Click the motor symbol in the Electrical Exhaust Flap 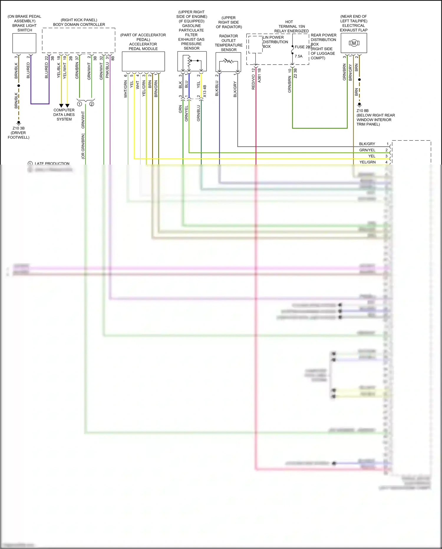(354, 43)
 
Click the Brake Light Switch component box (24, 43)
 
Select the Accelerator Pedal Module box (143, 61)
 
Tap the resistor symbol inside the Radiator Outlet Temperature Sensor (228, 61)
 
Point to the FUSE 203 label (303, 47)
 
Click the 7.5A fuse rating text (298, 56)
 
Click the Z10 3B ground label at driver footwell (19, 128)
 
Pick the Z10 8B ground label (362, 111)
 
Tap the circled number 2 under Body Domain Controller (92, 104)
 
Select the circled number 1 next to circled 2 (79, 104)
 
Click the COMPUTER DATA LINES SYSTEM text (64, 114)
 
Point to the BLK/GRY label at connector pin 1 (367, 144)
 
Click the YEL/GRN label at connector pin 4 (367, 162)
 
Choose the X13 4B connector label (205, 91)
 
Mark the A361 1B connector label (259, 75)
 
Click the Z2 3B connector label (295, 73)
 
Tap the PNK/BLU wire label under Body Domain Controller (107, 70)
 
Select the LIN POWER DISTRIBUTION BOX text (275, 42)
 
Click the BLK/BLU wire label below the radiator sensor (217, 89)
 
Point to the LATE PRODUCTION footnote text (52, 163)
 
